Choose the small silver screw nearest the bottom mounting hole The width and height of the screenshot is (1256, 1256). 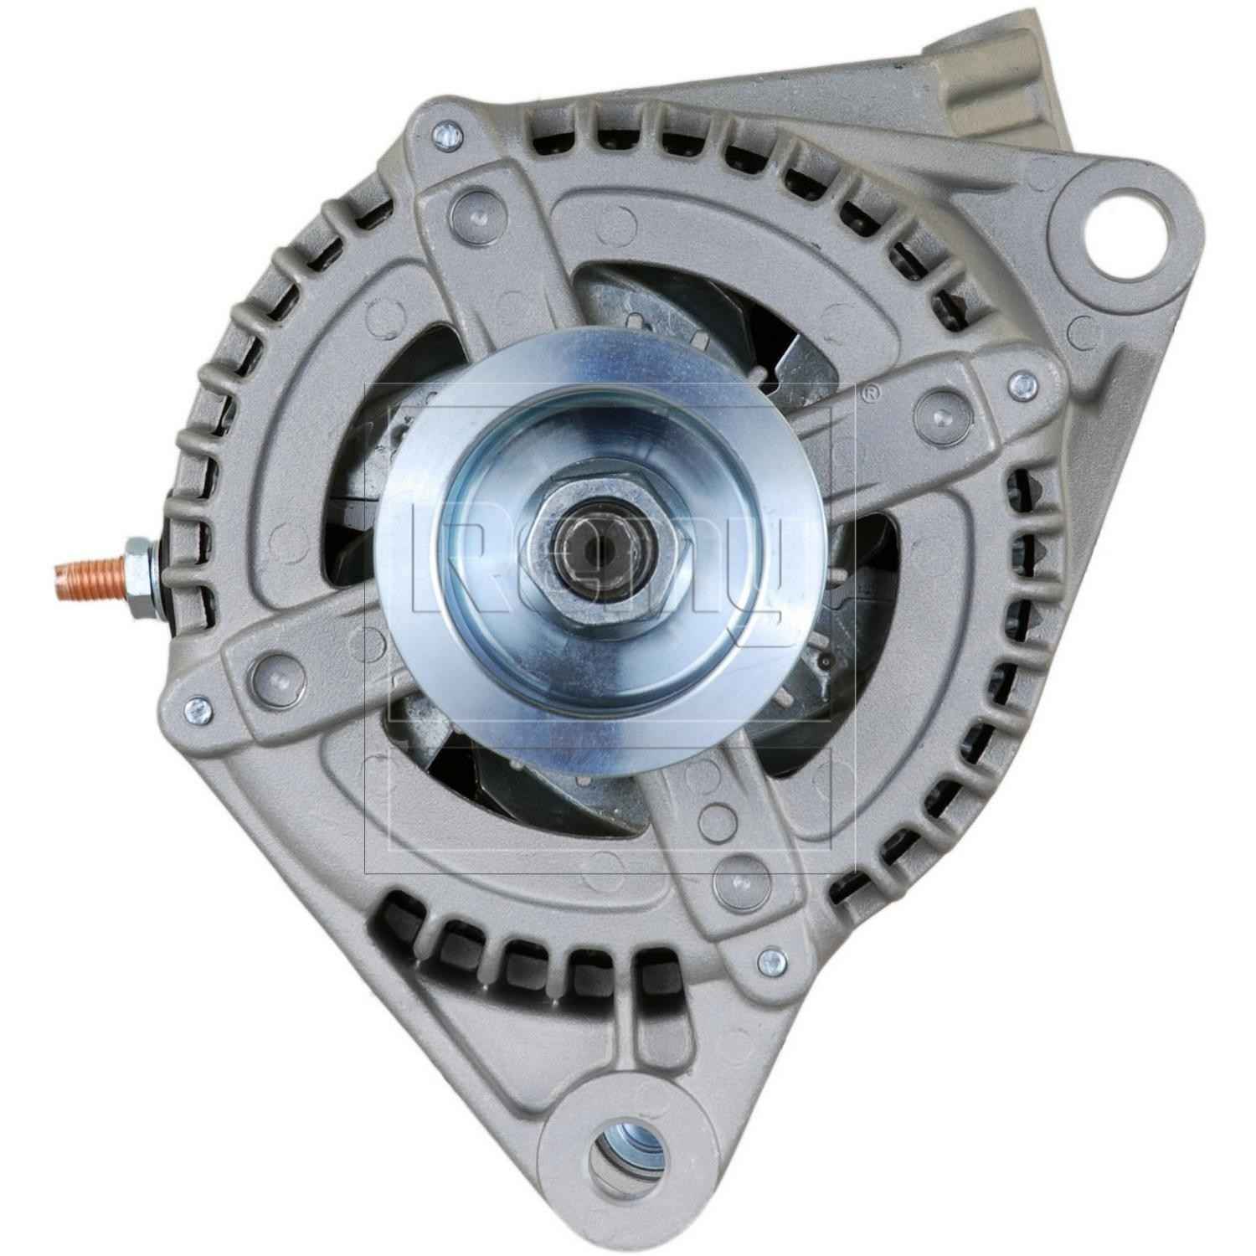(x=768, y=960)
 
